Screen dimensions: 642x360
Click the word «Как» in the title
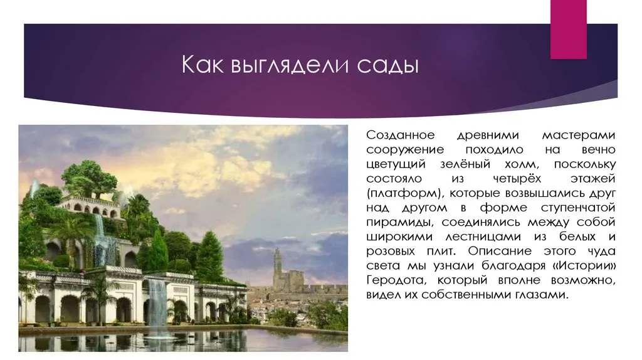203,65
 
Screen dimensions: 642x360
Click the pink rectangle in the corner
568,29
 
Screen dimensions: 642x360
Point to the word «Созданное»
400,135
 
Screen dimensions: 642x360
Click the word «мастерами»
579,135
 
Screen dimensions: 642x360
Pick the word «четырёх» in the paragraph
517,179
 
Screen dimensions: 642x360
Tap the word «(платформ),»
405,194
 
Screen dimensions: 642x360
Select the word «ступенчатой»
578,208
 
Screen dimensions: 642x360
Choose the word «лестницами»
483,237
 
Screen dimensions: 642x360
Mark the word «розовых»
391,251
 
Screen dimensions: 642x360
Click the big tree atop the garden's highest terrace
88,178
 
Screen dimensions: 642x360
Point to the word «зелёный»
465,164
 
